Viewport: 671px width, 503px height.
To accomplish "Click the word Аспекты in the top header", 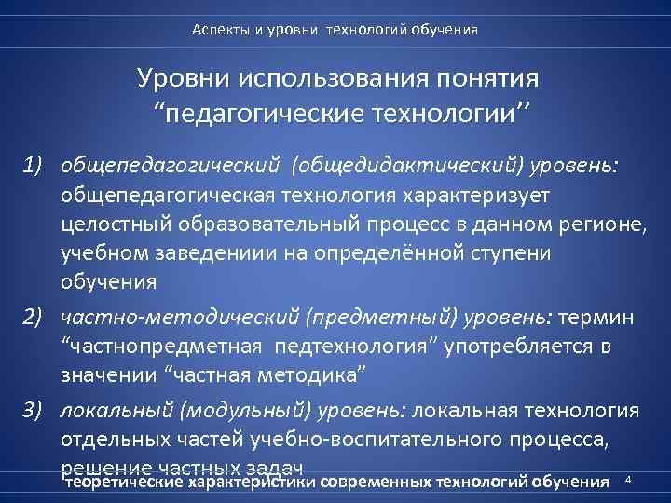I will tap(217, 30).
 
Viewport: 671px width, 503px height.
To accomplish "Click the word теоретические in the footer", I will tap(124, 483).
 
